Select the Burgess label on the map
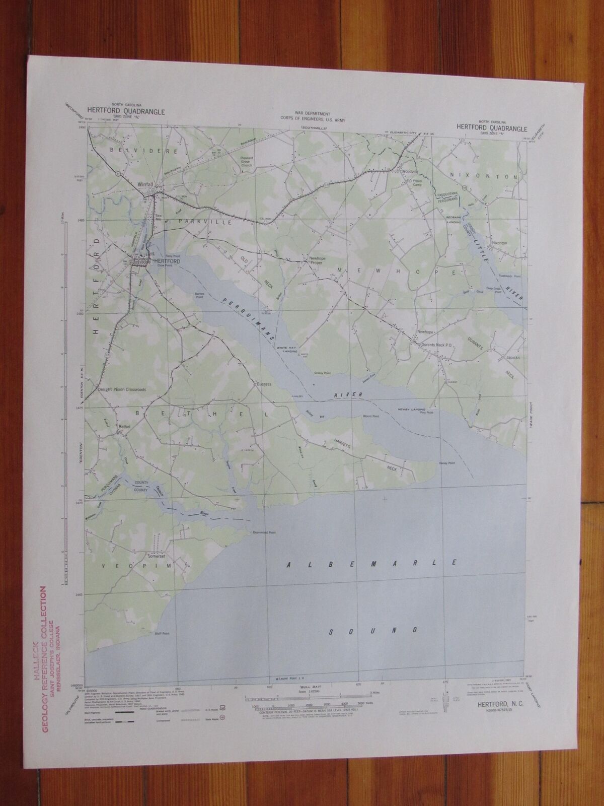264,384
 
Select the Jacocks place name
513,358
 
